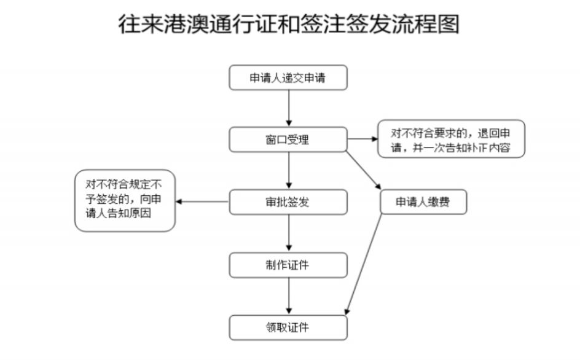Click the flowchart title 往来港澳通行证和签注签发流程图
[x=289, y=25]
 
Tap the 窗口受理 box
[x=288, y=139]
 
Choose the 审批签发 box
[x=288, y=202]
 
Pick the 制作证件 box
[x=288, y=265]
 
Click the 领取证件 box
[x=288, y=327]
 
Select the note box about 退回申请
[x=451, y=139]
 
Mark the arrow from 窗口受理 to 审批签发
[x=288, y=171]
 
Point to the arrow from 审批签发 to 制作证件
[x=288, y=233]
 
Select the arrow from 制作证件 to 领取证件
[x=288, y=296]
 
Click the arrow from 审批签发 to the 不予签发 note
[x=203, y=202]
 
